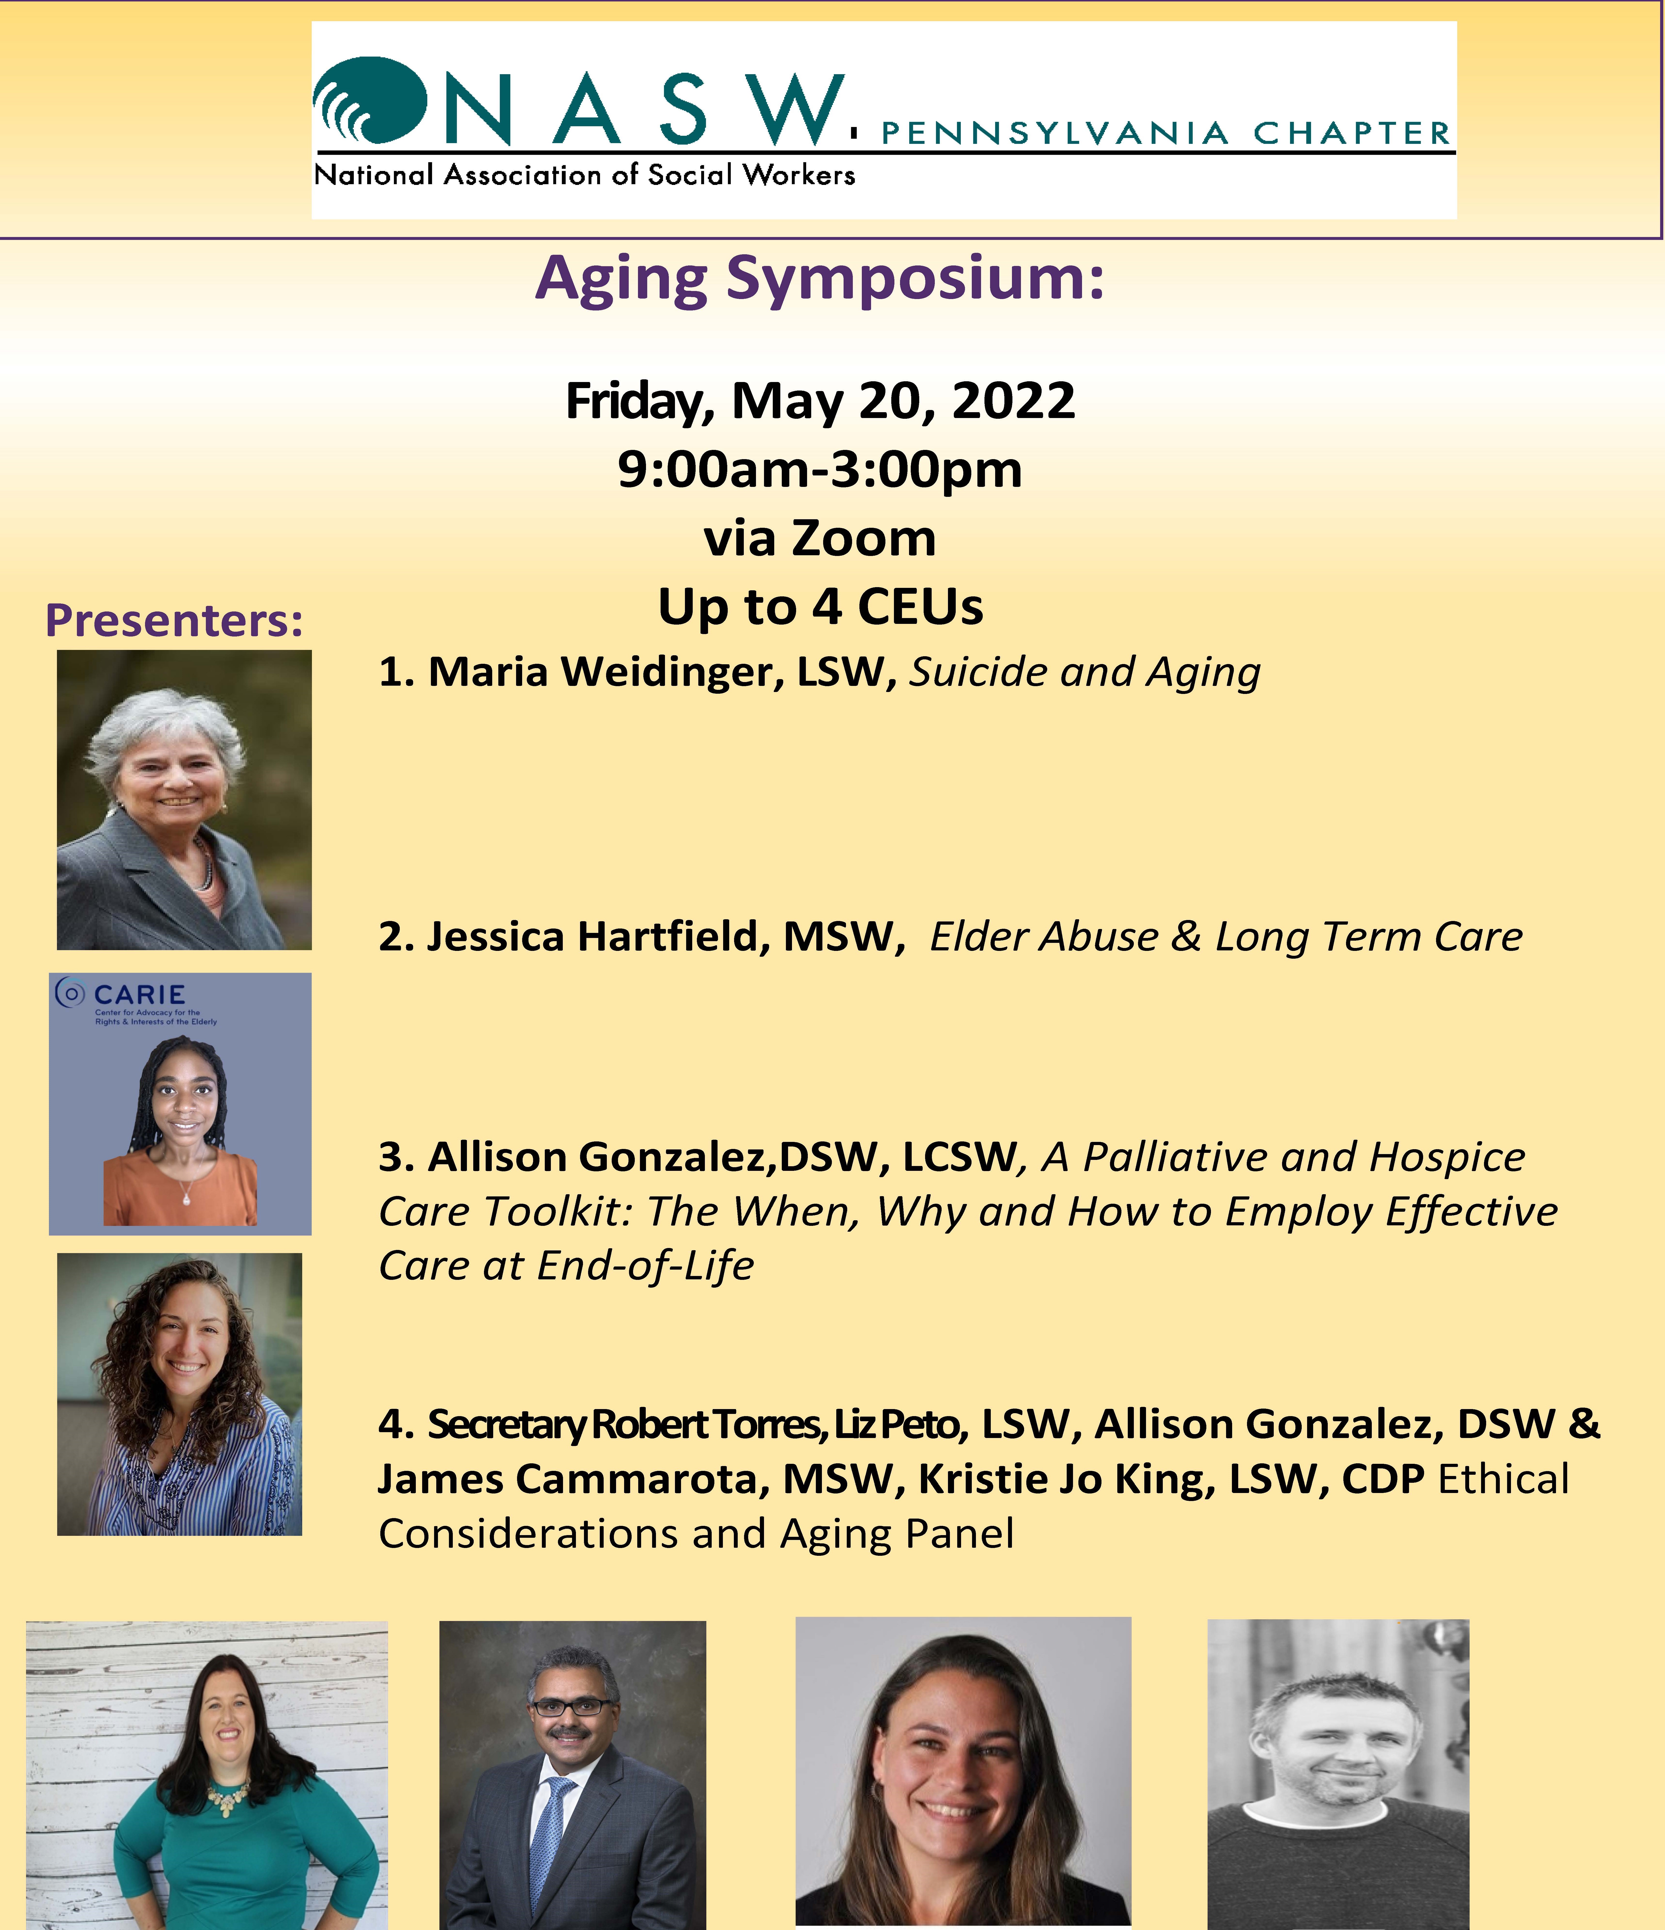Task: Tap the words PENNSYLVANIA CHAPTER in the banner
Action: point(1166,133)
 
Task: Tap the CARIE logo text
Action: point(140,995)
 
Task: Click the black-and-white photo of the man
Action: point(1338,1775)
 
